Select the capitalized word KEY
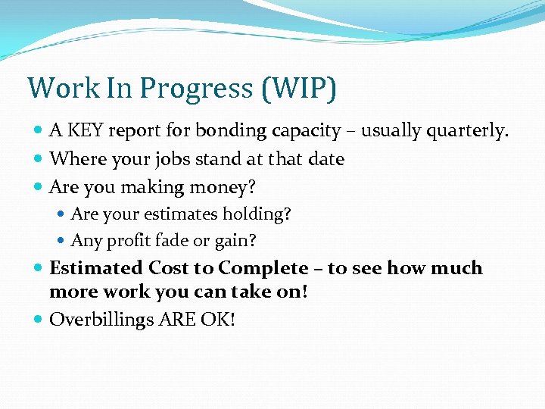click(x=86, y=131)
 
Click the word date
click(x=325, y=159)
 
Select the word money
click(x=220, y=187)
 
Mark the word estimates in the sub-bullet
click(x=174, y=214)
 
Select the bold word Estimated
click(x=96, y=268)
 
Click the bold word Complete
click(x=263, y=268)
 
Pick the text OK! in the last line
click(x=218, y=320)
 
